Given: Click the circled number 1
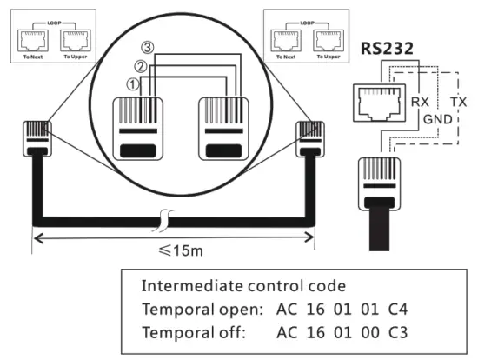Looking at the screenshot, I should click(133, 84).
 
